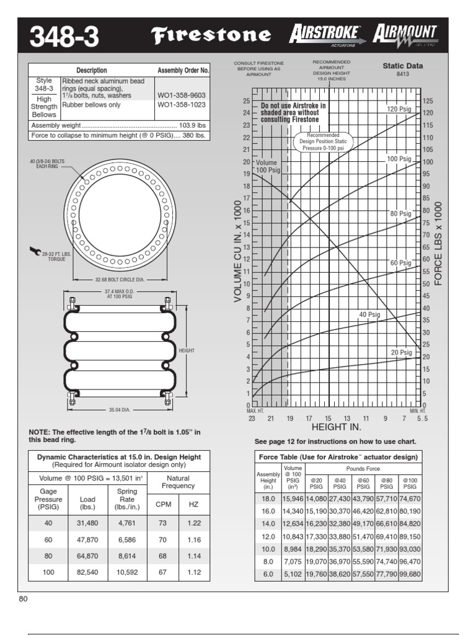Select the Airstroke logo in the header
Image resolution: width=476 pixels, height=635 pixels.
click(327, 35)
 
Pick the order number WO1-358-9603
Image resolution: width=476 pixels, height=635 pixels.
click(181, 95)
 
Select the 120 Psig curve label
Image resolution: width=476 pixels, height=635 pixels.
click(399, 109)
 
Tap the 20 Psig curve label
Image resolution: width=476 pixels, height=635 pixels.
click(401, 352)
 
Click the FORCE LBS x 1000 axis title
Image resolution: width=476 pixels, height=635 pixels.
click(438, 244)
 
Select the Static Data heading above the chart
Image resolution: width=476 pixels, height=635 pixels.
click(403, 66)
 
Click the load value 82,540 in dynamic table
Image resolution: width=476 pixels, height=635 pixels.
click(87, 572)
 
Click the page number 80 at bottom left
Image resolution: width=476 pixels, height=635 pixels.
click(24, 600)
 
